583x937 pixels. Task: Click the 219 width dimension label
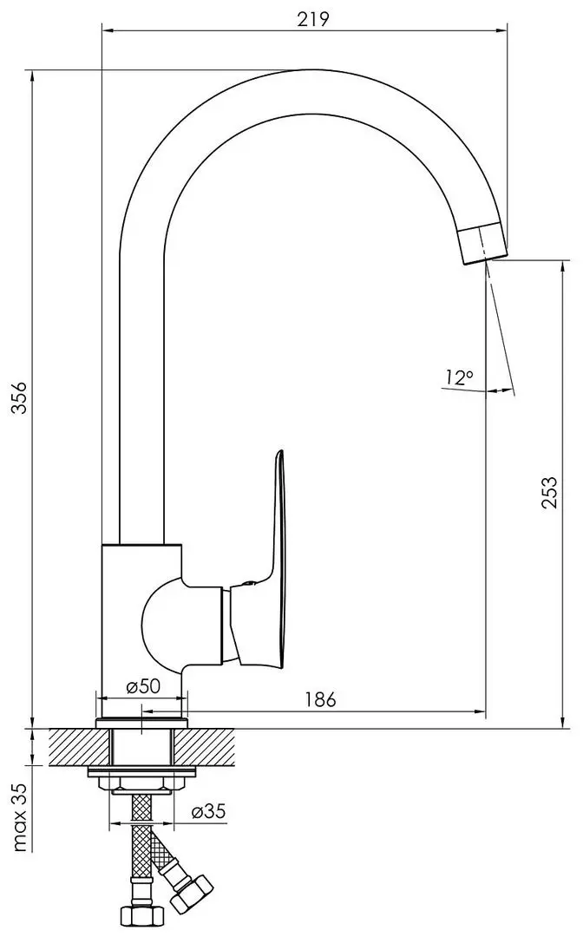click(313, 19)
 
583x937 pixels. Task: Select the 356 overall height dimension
click(20, 397)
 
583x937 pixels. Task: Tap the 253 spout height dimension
click(549, 493)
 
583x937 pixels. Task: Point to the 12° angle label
click(458, 377)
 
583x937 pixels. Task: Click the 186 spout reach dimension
click(320, 699)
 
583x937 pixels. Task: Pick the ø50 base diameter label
click(143, 686)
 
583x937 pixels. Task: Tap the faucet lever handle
click(263, 573)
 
